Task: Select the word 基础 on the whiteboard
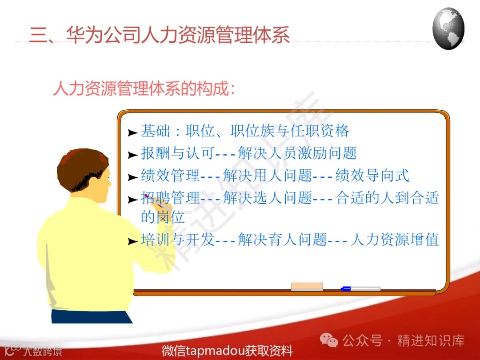click(156, 131)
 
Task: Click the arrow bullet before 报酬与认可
click(132, 155)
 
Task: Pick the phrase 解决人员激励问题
click(297, 153)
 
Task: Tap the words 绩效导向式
click(372, 176)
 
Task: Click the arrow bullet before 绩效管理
click(132, 177)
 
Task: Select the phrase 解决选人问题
click(267, 198)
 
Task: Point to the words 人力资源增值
click(395, 240)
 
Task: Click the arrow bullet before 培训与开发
click(132, 241)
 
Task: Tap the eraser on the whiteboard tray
click(307, 286)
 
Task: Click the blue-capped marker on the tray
click(360, 289)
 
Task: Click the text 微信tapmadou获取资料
click(227, 351)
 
